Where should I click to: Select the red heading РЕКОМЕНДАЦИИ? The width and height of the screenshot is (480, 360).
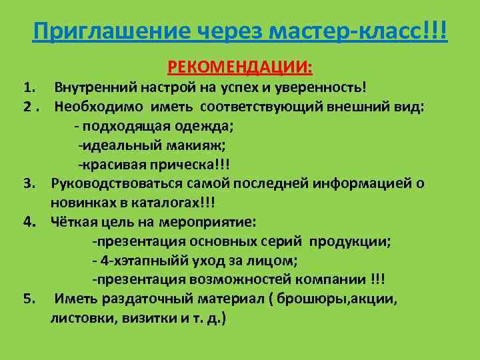(241, 67)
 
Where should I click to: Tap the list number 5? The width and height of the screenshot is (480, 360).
(28, 299)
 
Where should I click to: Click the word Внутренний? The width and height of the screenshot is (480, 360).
(95, 87)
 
